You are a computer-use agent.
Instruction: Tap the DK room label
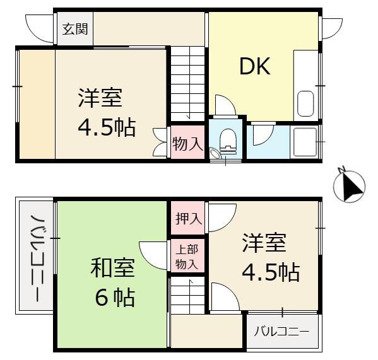pyautogui.click(x=254, y=66)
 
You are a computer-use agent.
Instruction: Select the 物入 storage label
pyautogui.click(x=187, y=144)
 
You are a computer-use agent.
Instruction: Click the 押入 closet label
pyautogui.click(x=188, y=219)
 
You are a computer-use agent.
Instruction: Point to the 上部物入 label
pyautogui.click(x=187, y=257)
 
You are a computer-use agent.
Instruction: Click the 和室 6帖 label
pyautogui.click(x=113, y=282)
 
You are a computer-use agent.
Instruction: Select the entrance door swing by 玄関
pyautogui.click(x=41, y=26)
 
